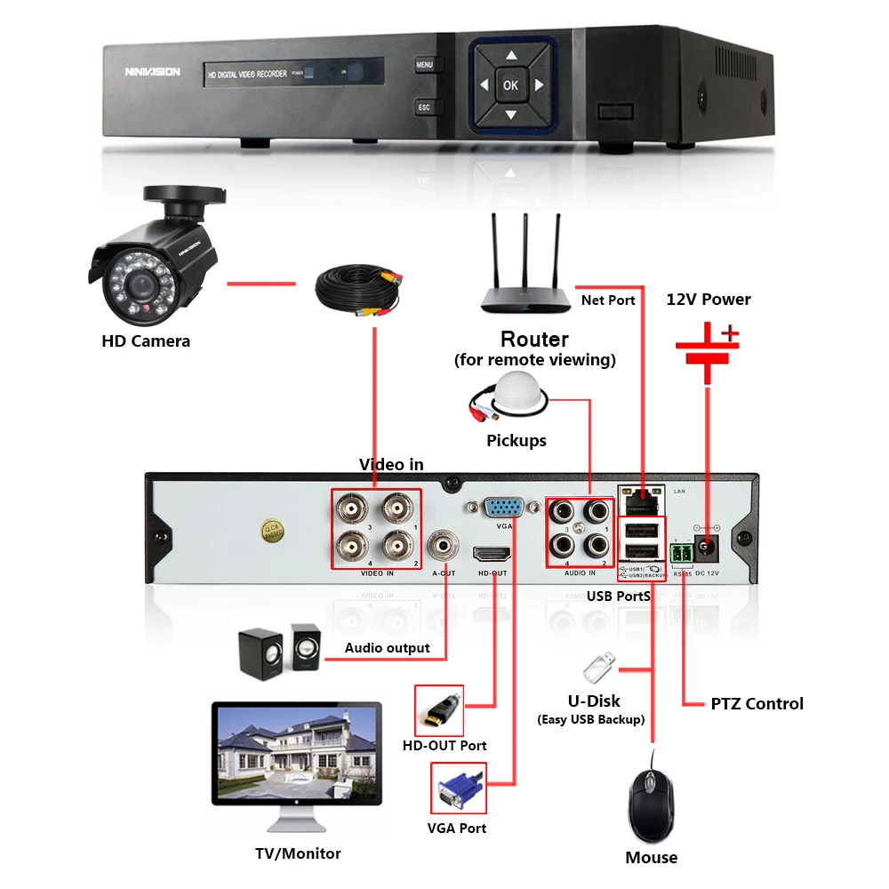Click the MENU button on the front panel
(x=424, y=65)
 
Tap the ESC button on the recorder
(x=424, y=108)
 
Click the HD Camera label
(x=146, y=340)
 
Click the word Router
(x=534, y=339)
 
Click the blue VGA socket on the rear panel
(x=502, y=509)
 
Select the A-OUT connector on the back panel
(x=443, y=544)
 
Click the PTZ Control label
(x=757, y=704)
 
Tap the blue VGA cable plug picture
(x=459, y=789)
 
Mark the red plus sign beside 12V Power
(x=730, y=334)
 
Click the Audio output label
(x=387, y=648)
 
